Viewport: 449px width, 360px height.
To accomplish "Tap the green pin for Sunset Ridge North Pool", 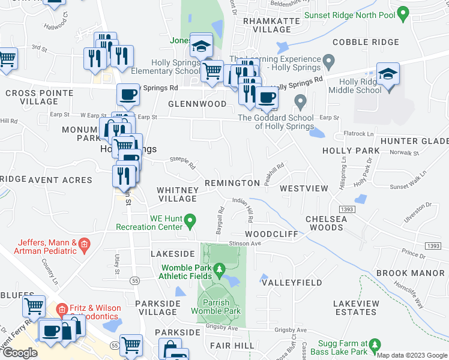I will point(403,13).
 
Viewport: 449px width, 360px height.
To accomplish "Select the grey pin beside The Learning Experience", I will point(328,61).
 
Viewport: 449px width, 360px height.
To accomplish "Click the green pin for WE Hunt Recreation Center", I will point(190,222).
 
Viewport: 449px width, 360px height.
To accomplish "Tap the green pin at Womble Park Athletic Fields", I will point(219,271).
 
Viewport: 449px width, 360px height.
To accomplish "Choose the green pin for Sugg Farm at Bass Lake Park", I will point(375,345).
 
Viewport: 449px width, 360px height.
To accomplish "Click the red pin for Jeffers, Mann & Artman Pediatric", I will point(84,243).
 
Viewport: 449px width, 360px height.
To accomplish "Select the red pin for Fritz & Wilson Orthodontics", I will point(61,309).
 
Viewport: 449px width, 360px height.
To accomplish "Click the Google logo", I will point(20,353).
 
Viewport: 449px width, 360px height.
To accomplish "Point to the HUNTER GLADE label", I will point(423,140).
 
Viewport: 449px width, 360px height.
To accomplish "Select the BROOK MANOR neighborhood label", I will point(410,273).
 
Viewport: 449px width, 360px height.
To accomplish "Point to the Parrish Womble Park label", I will point(216,306).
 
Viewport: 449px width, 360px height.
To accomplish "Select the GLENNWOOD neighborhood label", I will point(188,104).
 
